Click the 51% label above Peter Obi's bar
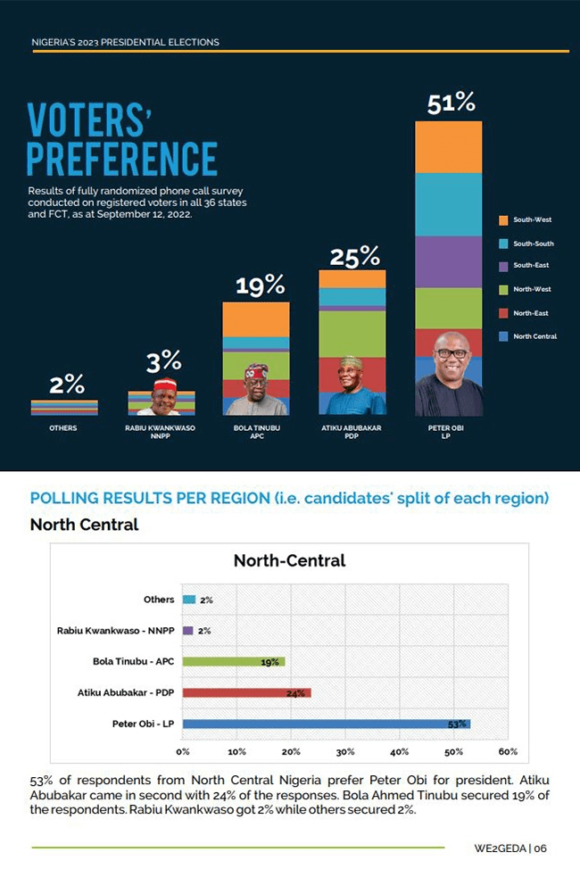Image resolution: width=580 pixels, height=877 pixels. [x=451, y=103]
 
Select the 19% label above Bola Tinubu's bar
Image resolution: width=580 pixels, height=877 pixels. [x=260, y=286]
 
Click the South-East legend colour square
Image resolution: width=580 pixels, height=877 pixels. [x=503, y=266]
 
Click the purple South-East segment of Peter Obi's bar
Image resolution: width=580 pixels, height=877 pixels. [x=449, y=261]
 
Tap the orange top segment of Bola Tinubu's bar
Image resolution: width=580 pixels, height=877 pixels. [x=256, y=319]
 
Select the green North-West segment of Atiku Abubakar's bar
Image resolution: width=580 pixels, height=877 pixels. [x=352, y=333]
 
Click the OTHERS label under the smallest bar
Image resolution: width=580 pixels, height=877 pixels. [x=63, y=428]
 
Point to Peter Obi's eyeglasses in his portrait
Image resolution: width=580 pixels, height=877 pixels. [x=451, y=353]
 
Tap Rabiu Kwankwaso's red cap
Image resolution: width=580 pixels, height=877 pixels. [x=163, y=385]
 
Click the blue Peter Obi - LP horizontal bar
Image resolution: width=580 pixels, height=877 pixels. [x=326, y=724]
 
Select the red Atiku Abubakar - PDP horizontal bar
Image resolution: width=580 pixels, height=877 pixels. [x=246, y=692]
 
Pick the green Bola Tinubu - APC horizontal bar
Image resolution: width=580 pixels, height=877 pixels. [x=233, y=661]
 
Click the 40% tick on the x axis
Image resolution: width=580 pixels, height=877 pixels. [x=400, y=751]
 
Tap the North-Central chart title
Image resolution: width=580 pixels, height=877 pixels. [x=289, y=561]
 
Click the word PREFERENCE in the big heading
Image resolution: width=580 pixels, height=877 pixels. [x=122, y=156]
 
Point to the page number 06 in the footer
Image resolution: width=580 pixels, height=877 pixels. [x=541, y=848]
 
